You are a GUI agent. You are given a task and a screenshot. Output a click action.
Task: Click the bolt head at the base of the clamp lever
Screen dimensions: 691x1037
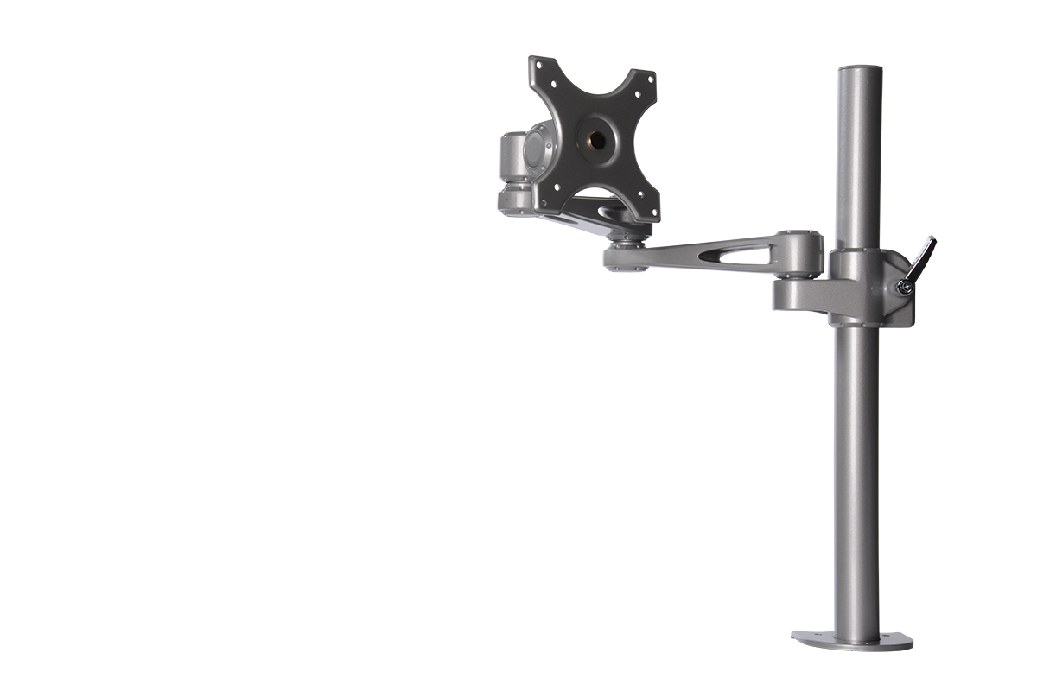coord(903,287)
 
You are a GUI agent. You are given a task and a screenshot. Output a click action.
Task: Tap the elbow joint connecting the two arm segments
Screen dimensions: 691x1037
coord(627,250)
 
